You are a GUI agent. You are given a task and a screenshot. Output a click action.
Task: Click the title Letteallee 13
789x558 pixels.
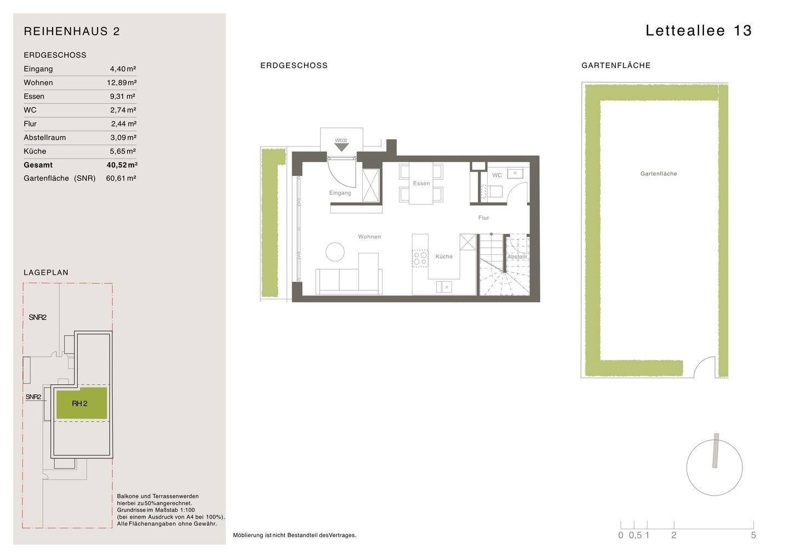click(x=699, y=31)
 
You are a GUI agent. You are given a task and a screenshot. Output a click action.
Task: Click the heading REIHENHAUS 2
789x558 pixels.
click(x=72, y=31)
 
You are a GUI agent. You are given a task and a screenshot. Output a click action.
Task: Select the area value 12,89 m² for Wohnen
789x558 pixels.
click(x=122, y=83)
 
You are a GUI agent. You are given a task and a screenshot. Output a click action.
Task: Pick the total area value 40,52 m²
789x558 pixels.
click(x=122, y=165)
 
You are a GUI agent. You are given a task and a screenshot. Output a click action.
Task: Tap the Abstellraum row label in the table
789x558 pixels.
click(x=44, y=138)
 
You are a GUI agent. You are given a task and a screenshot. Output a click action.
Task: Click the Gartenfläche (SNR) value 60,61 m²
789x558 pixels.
click(x=121, y=178)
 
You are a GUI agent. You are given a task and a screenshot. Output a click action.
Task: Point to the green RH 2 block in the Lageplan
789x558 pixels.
click(x=81, y=404)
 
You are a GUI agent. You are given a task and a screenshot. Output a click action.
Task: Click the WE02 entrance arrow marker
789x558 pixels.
click(x=341, y=147)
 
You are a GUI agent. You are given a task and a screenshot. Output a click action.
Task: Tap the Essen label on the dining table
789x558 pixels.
click(x=421, y=184)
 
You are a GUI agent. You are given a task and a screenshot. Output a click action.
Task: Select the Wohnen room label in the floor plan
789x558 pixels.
click(x=369, y=237)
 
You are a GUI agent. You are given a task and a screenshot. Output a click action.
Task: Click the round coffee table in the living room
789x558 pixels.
click(x=335, y=252)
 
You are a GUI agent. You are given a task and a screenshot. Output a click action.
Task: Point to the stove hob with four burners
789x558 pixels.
click(x=420, y=258)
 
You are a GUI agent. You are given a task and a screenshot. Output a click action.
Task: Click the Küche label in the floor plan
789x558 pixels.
click(x=444, y=257)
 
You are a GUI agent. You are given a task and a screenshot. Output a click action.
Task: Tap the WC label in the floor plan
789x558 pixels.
click(x=496, y=175)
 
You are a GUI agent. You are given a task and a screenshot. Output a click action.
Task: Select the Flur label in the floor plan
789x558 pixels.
click(x=483, y=218)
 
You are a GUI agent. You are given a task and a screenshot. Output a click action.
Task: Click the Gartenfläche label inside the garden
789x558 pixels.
click(x=659, y=174)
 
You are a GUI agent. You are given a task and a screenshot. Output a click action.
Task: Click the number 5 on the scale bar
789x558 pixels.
click(x=753, y=536)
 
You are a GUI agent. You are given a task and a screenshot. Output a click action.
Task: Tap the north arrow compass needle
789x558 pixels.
click(x=715, y=451)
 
